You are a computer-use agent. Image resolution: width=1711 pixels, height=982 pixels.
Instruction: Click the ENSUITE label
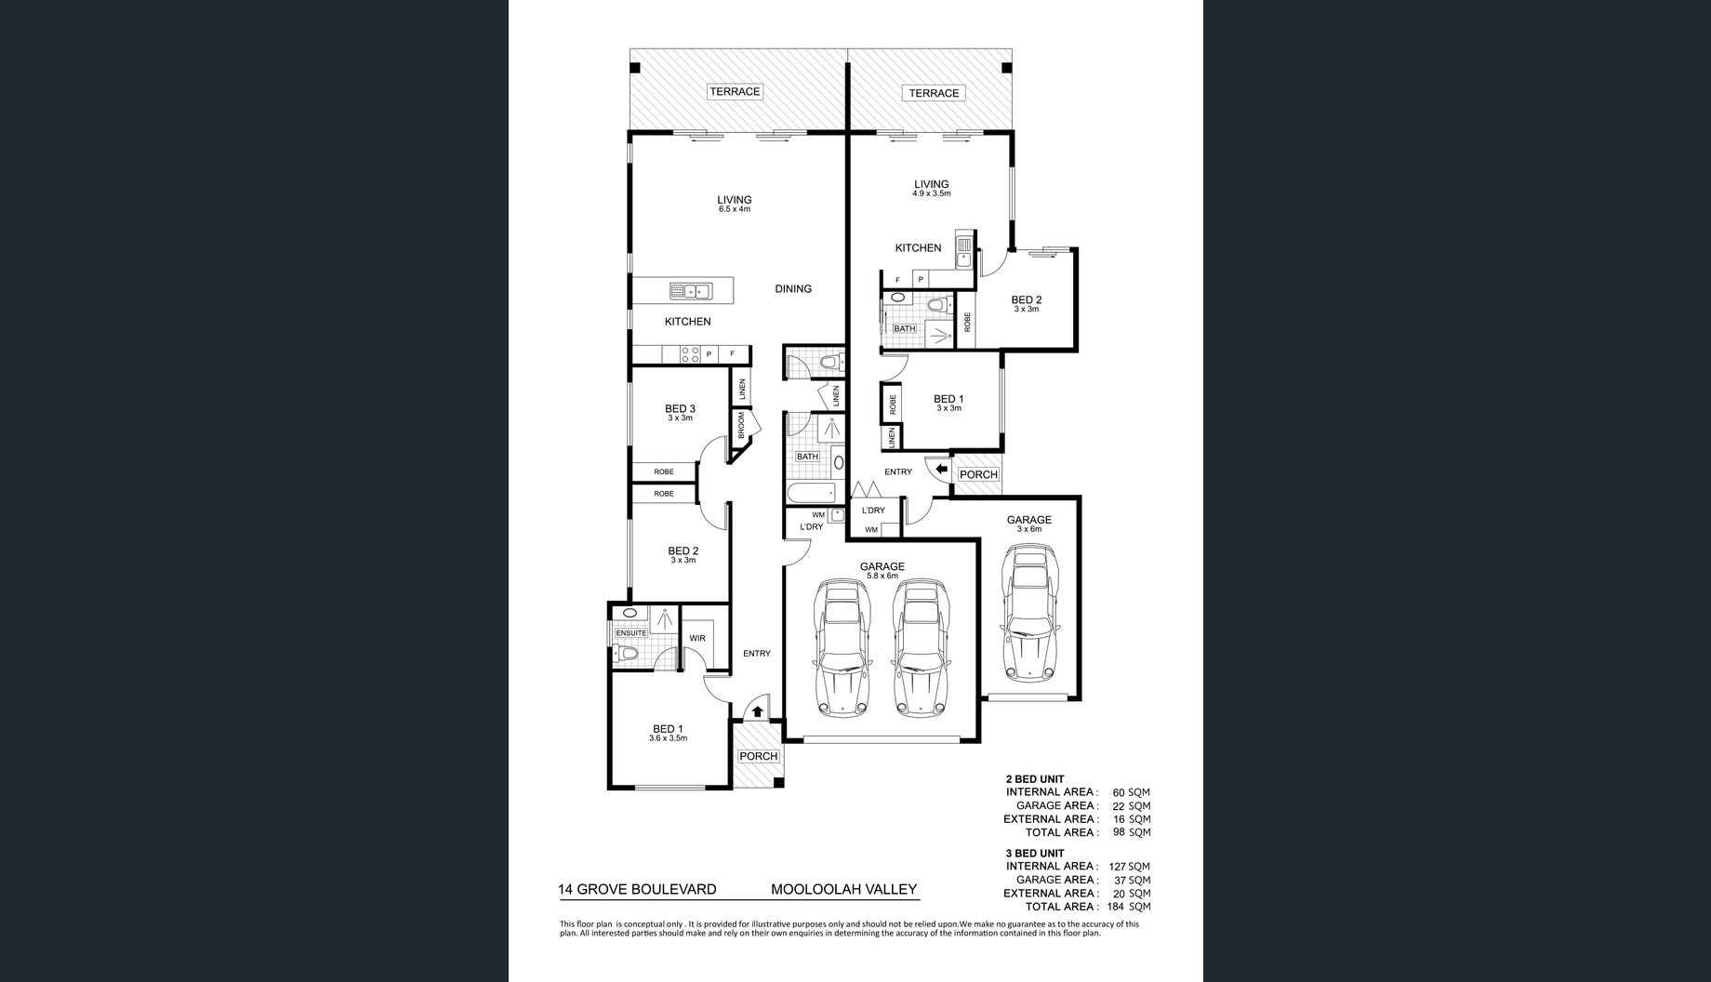tap(630, 633)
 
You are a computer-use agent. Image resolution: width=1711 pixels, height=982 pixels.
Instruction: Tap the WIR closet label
tap(697, 638)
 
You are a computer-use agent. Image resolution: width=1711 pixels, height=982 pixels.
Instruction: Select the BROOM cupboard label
tap(742, 425)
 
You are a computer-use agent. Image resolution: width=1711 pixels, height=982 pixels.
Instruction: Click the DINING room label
tap(793, 289)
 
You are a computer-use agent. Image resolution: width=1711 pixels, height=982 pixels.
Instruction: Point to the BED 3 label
tap(680, 408)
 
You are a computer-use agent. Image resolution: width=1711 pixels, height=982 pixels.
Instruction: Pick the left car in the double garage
tap(842, 649)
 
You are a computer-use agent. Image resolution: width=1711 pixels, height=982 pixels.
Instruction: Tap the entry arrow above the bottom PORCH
tap(757, 712)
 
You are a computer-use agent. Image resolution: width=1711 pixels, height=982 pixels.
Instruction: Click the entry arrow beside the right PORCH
tap(941, 470)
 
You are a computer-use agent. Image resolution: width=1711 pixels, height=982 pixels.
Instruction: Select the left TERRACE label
tap(735, 92)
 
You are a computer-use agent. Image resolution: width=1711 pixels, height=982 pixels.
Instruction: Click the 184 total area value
tap(1116, 907)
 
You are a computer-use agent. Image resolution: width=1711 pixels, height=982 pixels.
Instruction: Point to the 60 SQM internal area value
tap(1119, 793)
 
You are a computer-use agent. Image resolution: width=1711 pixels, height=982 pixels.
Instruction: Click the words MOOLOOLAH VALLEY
tap(843, 890)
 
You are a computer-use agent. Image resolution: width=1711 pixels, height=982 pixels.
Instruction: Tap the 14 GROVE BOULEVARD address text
tap(637, 890)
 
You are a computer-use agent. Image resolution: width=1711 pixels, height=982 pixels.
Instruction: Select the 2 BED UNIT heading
tap(1035, 779)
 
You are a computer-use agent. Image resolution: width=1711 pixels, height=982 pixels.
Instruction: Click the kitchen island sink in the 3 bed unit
tap(689, 291)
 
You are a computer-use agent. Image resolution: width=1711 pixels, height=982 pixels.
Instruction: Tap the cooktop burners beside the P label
tap(690, 354)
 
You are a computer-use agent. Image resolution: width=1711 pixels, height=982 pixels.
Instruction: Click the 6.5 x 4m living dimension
tap(734, 210)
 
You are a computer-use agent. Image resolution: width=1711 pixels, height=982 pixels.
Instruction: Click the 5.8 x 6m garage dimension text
tap(882, 577)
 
